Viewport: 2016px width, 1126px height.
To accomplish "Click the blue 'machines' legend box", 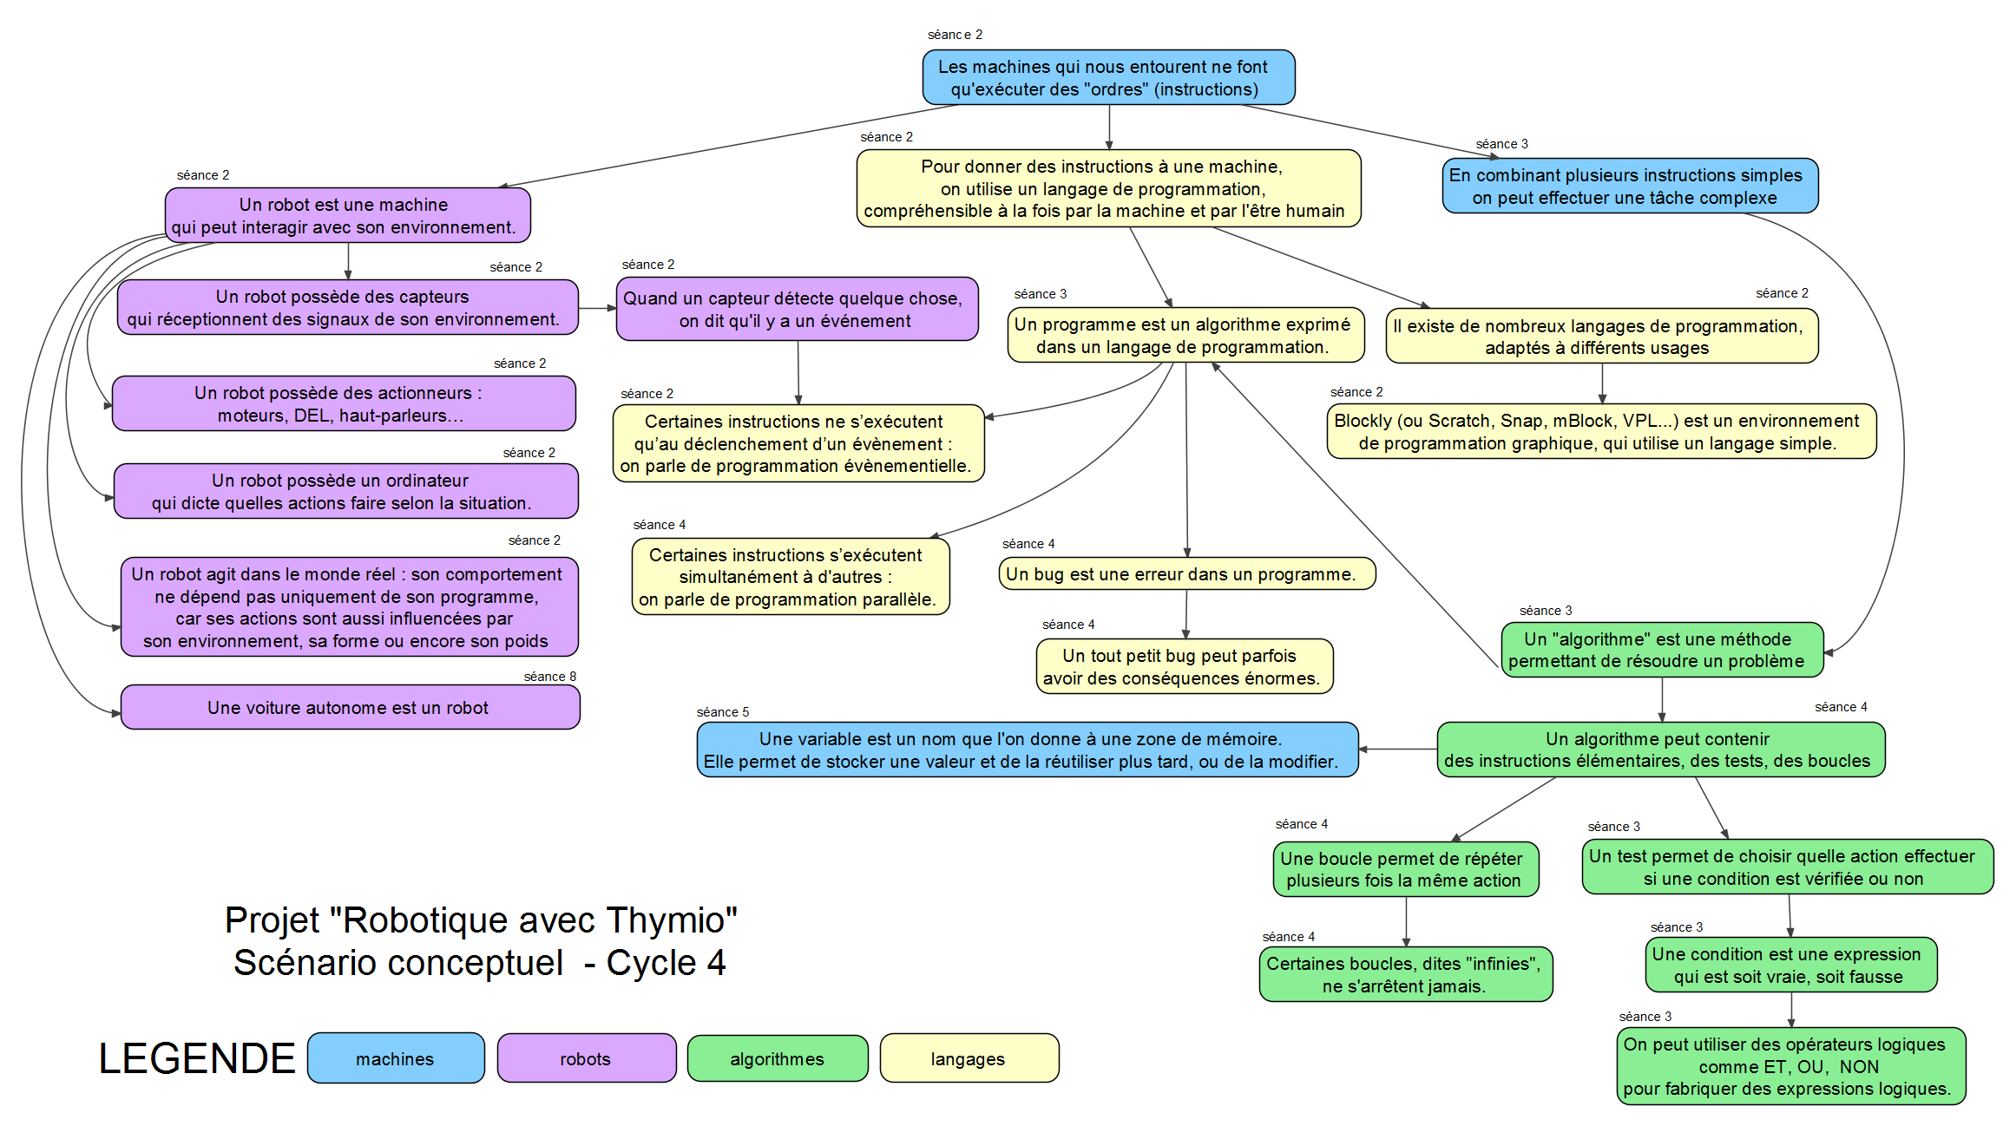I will [396, 1058].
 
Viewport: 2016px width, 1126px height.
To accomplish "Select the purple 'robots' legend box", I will [586, 1058].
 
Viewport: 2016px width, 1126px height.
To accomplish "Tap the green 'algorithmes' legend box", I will [777, 1058].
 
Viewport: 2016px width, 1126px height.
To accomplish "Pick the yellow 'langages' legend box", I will [969, 1058].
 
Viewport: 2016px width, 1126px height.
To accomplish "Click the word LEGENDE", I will [197, 1058].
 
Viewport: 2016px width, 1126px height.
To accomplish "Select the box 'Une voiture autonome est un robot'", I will [350, 708].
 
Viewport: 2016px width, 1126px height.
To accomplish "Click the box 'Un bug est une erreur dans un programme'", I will [1186, 574].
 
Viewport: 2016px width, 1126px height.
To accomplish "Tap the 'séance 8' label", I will [549, 677].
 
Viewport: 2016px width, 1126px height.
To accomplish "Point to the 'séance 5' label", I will [722, 712].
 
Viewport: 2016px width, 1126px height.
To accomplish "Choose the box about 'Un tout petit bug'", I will [1184, 667].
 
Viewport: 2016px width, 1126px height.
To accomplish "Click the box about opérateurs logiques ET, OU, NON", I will [1790, 1067].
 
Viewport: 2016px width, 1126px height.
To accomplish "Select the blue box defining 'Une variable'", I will [1027, 750].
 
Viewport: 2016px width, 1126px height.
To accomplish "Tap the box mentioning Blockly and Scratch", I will [1601, 432].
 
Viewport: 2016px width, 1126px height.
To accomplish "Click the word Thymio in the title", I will [670, 921].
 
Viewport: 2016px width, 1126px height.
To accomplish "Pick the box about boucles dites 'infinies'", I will [1405, 975].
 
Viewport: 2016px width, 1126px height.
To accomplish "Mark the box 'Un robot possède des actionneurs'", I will [344, 404].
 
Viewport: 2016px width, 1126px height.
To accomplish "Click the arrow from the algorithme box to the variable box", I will [1398, 750].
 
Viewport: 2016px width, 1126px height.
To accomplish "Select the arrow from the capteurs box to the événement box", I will [597, 308].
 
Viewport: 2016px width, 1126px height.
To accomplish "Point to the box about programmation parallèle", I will [791, 578].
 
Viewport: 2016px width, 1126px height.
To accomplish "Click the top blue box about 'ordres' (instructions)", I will [1108, 78].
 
